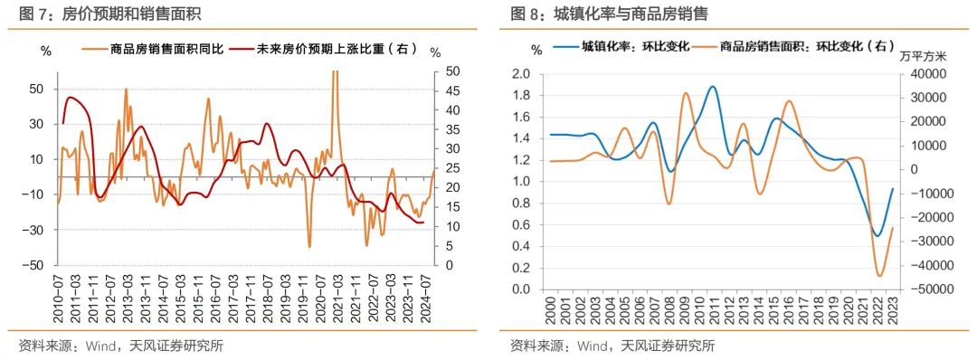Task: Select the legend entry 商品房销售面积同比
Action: click(155, 50)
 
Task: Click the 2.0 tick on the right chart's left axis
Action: click(521, 73)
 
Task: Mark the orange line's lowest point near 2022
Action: click(879, 277)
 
